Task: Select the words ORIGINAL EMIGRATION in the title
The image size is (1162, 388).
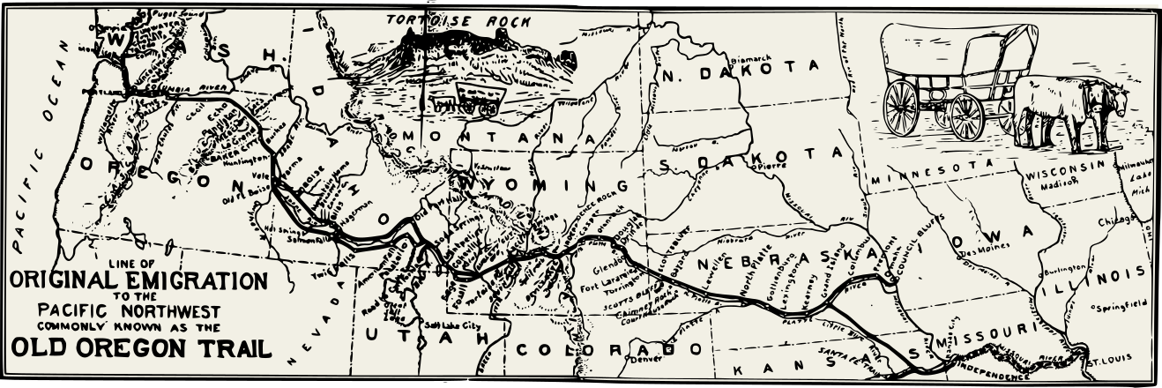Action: coord(138,281)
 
